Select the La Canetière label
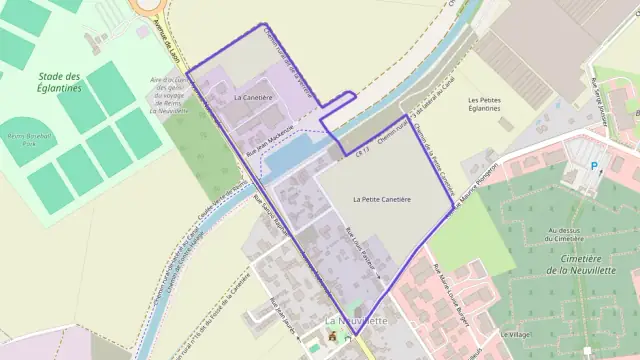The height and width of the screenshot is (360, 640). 252,98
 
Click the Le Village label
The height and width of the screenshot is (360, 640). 514,334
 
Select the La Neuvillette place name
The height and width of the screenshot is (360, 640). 356,320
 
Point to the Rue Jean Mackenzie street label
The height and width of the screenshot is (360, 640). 269,140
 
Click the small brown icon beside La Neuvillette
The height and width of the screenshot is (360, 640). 333,337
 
